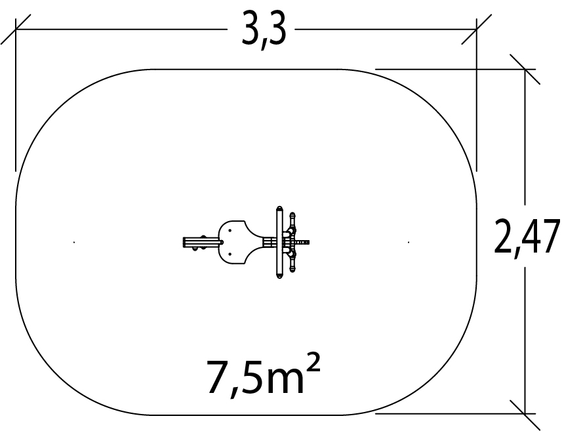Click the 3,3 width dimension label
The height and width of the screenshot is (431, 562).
pyautogui.click(x=264, y=30)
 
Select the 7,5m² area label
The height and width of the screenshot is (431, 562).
pyautogui.click(x=264, y=375)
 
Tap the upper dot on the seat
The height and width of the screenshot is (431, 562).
pyautogui.click(x=230, y=230)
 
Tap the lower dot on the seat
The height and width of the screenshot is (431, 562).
pyautogui.click(x=230, y=254)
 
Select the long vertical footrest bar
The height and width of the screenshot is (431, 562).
pyautogui.click(x=279, y=242)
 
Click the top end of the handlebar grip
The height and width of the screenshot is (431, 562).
pyautogui.click(x=292, y=214)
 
